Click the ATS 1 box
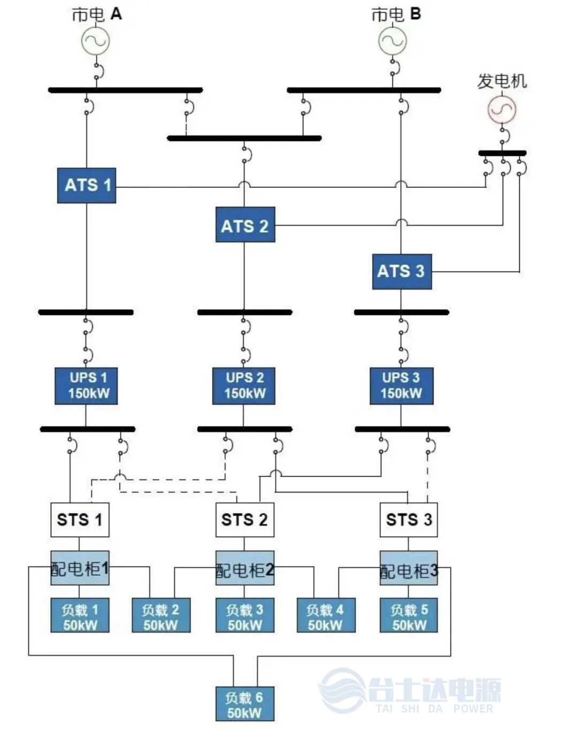pyautogui.click(x=87, y=185)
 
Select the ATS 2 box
pyautogui.click(x=245, y=225)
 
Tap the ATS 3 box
pyautogui.click(x=402, y=271)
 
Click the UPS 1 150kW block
pyautogui.click(x=86, y=386)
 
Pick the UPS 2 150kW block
pyautogui.click(x=244, y=386)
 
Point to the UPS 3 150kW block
pyautogui.click(x=401, y=386)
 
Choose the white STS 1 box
pyautogui.click(x=80, y=519)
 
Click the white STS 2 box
pyautogui.click(x=245, y=519)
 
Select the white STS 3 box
pyautogui.click(x=409, y=519)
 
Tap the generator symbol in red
pyautogui.click(x=502, y=109)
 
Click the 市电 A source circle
pyautogui.click(x=96, y=41)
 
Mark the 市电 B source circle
pyautogui.click(x=392, y=41)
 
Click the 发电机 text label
pyautogui.click(x=502, y=81)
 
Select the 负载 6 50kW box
pyautogui.click(x=245, y=704)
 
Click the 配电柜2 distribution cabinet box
pyautogui.click(x=245, y=568)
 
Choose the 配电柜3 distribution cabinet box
pyautogui.click(x=409, y=568)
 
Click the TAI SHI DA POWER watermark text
pyautogui.click(x=435, y=708)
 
